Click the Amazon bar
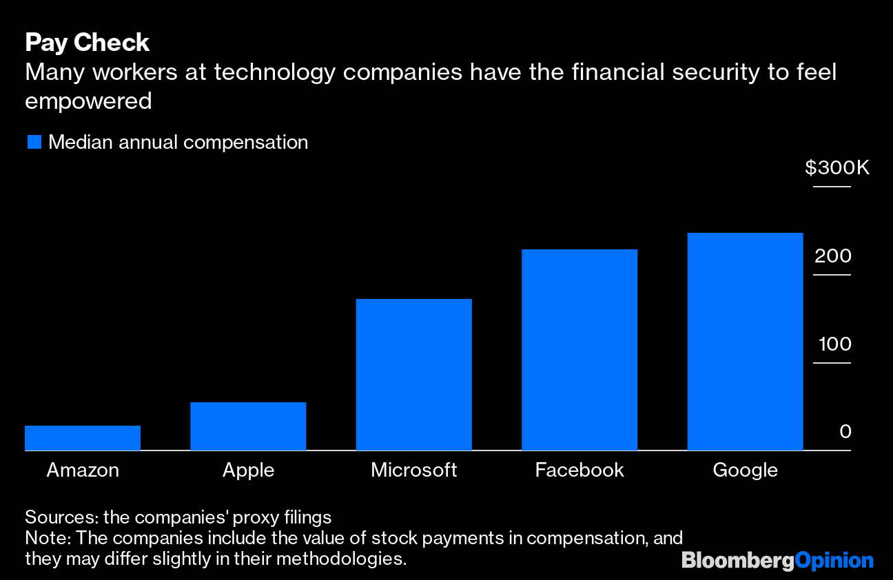pyautogui.click(x=83, y=438)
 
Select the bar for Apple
pyautogui.click(x=248, y=426)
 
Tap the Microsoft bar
pyautogui.click(x=413, y=375)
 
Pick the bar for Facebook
pyautogui.click(x=579, y=350)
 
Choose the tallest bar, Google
pyautogui.click(x=745, y=342)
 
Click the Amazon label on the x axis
pyautogui.click(x=83, y=470)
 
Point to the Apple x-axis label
pyautogui.click(x=248, y=470)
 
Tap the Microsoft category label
pyautogui.click(x=413, y=470)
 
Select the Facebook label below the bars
pyautogui.click(x=579, y=470)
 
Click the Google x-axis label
pyautogui.click(x=745, y=470)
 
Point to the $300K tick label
pyautogui.click(x=837, y=168)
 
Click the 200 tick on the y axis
pyautogui.click(x=833, y=256)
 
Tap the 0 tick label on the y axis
pyautogui.click(x=845, y=432)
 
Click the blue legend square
pyautogui.click(x=34, y=143)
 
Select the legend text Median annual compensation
pyautogui.click(x=178, y=143)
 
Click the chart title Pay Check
pyautogui.click(x=87, y=43)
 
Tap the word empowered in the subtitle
pyautogui.click(x=88, y=101)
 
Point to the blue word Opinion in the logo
pyautogui.click(x=834, y=561)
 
